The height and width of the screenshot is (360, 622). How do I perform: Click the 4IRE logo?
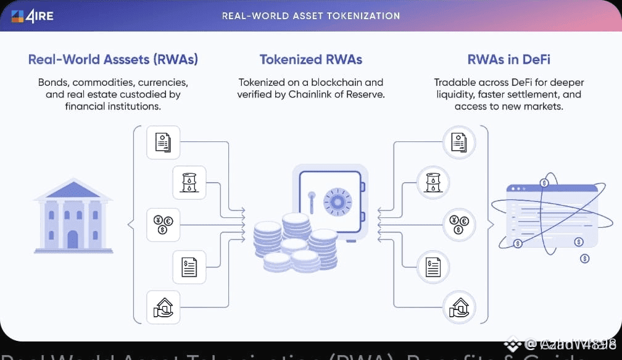[x=32, y=15]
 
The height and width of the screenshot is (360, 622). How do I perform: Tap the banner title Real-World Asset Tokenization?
[x=310, y=15]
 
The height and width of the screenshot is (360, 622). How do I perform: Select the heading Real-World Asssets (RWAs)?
[x=113, y=60]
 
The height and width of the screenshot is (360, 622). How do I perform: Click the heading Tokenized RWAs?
[x=310, y=60]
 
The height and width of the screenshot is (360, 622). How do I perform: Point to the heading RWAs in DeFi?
[x=508, y=60]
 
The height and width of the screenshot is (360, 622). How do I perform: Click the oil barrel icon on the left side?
[x=189, y=182]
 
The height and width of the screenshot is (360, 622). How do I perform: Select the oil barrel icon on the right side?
[x=433, y=182]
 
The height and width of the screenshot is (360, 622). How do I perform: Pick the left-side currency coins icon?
[x=163, y=224]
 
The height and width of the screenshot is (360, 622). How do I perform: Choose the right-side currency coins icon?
[x=459, y=224]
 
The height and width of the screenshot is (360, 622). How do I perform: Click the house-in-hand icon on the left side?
[x=163, y=307]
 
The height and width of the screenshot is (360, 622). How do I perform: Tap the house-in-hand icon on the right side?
[x=459, y=307]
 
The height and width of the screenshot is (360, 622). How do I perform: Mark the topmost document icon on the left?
[x=163, y=142]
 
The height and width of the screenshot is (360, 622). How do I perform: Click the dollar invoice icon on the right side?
[x=433, y=266]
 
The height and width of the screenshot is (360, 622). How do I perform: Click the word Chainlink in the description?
[x=312, y=94]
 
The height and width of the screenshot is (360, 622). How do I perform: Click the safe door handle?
[x=312, y=203]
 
